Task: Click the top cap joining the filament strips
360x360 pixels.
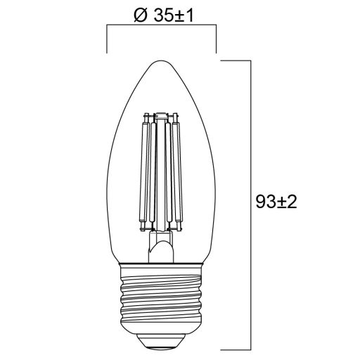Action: (161, 114)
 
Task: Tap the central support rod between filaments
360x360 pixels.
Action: (161, 176)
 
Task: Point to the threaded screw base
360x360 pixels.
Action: (161, 295)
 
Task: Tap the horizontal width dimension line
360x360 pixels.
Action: (161, 27)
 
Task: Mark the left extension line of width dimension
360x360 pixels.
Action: (107, 39)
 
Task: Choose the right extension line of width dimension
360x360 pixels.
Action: (215, 39)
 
